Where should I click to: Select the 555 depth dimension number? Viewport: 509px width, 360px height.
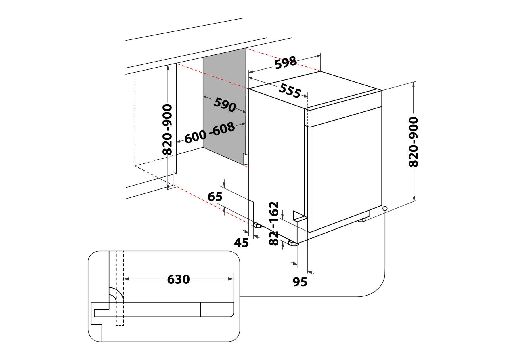[x=290, y=91]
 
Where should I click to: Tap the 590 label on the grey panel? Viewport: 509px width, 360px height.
[x=225, y=104]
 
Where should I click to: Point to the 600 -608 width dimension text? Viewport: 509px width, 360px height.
[x=209, y=133]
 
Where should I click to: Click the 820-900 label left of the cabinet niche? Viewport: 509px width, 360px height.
[x=167, y=129]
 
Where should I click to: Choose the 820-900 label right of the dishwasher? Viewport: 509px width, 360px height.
[x=414, y=142]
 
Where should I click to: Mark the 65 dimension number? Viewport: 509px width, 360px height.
[x=215, y=197]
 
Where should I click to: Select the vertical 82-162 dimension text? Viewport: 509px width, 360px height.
[x=274, y=223]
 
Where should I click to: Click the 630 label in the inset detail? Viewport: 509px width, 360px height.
[x=178, y=279]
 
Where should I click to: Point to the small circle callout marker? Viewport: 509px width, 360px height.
[x=385, y=208]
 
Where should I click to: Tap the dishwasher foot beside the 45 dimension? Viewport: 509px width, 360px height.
[x=257, y=226]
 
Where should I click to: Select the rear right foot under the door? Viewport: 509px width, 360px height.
[x=362, y=220]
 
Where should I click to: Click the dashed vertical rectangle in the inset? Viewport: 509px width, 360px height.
[x=120, y=288]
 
